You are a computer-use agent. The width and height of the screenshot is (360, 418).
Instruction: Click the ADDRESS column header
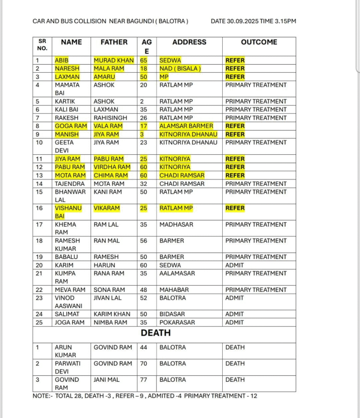[x=189, y=42]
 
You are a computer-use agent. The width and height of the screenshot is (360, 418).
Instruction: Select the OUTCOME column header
[x=259, y=42]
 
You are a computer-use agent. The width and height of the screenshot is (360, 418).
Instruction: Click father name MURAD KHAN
[x=114, y=60]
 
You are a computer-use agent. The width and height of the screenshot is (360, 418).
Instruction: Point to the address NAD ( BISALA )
[x=180, y=69]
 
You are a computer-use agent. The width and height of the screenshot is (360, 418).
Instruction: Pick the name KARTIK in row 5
[x=64, y=101]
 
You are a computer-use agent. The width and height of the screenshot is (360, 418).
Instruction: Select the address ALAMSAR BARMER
[x=186, y=126]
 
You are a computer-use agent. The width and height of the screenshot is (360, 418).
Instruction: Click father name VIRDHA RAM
[x=112, y=167]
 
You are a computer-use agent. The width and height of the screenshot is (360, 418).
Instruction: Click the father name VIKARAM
[x=107, y=208]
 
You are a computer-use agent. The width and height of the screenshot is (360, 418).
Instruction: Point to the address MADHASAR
[x=176, y=225]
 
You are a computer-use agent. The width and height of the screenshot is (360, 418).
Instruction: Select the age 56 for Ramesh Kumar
[x=144, y=241]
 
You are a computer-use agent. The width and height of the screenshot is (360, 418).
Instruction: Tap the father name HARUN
[x=105, y=265]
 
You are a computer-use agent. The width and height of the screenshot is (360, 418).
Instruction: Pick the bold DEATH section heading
[x=156, y=333]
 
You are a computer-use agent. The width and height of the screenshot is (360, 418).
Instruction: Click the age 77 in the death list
[x=144, y=380]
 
